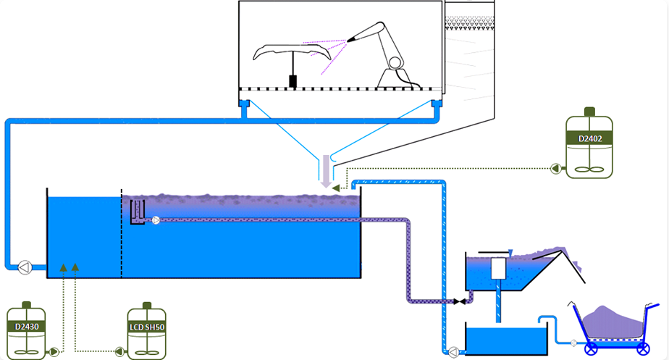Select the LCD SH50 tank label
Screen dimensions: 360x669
point(147,327)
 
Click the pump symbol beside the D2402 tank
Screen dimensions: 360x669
point(556,169)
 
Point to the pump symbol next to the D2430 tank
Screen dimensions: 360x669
point(54,352)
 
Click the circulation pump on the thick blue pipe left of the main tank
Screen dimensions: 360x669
point(24,267)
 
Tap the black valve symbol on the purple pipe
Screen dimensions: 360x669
point(458,301)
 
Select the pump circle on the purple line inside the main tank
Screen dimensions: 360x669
point(156,220)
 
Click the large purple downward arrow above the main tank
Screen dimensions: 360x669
point(326,171)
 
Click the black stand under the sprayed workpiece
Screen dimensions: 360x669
point(293,80)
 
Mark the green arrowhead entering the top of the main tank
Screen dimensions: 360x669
point(335,188)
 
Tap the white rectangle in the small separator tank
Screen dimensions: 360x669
point(497,269)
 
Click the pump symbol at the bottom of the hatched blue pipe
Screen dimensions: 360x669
point(453,352)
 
